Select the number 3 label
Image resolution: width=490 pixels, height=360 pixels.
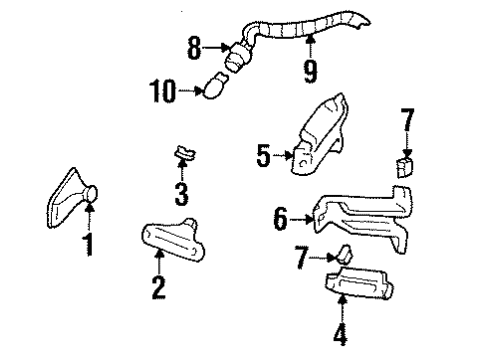(181, 191)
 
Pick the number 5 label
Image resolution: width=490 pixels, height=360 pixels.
(264, 156)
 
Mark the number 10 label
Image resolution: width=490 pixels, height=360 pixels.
(161, 92)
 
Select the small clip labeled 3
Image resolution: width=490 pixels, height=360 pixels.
(181, 153)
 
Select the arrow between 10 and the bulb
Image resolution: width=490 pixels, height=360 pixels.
(187, 92)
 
